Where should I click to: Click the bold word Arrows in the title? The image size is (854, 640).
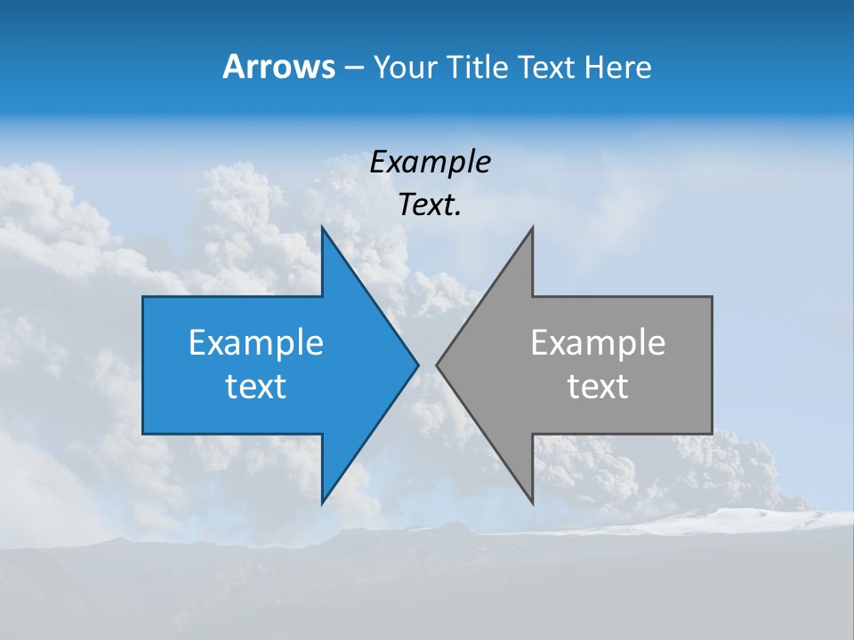pos(278,67)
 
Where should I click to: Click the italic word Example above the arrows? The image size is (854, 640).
pos(430,163)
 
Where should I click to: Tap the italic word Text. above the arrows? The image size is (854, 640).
pos(430,205)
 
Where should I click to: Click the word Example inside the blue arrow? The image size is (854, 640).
pos(256,343)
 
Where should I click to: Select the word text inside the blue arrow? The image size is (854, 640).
pos(256,387)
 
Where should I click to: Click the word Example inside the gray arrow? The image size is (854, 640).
pos(598,343)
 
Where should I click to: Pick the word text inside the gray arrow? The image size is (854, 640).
pos(598,387)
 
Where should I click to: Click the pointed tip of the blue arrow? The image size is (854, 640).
pos(417,364)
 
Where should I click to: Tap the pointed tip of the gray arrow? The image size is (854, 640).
pos(437,364)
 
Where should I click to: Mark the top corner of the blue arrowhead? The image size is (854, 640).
pos(322,228)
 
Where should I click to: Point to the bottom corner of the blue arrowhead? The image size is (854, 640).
pos(322,503)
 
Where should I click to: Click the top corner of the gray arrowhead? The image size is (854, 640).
pos(532,228)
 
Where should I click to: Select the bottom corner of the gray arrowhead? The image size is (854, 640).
pos(532,503)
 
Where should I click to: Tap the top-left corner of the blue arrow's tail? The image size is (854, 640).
pos(143,297)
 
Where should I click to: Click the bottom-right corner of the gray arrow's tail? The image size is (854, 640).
pos(712,433)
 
